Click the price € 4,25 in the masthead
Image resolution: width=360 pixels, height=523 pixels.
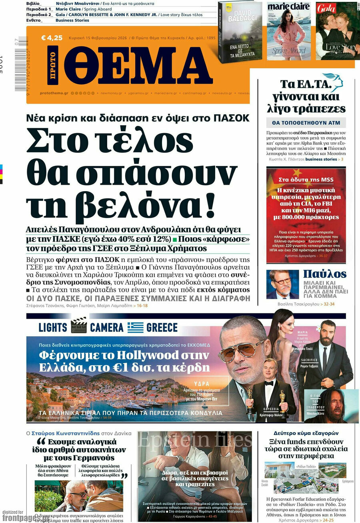point(52,38)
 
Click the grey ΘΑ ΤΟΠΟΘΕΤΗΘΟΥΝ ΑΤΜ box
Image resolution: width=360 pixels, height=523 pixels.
point(306,123)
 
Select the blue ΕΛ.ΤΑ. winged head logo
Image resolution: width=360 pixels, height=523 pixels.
point(333,82)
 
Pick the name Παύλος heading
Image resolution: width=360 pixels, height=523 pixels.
point(324,274)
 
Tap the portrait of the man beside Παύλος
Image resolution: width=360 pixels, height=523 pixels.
point(282,284)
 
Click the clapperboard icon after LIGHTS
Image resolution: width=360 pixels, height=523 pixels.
point(78,325)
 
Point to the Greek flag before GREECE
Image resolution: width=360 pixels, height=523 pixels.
point(135,327)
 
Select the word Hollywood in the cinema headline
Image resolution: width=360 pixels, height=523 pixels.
point(138,355)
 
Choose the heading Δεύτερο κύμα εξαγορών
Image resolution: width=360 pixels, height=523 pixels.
point(306,433)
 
